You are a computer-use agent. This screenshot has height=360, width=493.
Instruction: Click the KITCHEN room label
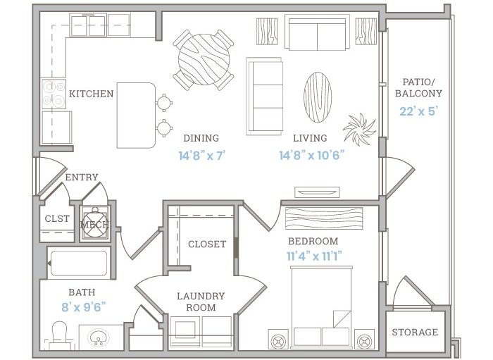pyautogui.click(x=91, y=94)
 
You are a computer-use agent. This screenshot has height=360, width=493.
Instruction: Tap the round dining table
pyautogui.click(x=204, y=59)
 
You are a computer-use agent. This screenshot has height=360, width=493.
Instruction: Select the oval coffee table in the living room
pyautogui.click(x=318, y=97)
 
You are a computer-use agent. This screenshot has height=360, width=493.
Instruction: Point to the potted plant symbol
pyautogui.click(x=359, y=129)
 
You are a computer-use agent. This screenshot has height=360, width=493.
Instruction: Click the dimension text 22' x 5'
pyautogui.click(x=419, y=111)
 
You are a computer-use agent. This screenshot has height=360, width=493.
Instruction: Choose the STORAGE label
pyautogui.click(x=415, y=332)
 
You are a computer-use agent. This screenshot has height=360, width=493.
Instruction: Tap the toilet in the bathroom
pyautogui.click(x=59, y=335)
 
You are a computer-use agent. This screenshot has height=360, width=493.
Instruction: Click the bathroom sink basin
pyautogui.click(x=98, y=337)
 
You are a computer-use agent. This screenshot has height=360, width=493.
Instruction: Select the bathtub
pyautogui.click(x=79, y=263)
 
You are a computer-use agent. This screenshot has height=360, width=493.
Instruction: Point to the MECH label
pyautogui.click(x=95, y=225)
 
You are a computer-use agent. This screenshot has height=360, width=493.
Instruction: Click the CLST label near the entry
pyautogui.click(x=57, y=218)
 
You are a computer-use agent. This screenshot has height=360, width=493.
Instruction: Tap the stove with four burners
pyautogui.click(x=54, y=94)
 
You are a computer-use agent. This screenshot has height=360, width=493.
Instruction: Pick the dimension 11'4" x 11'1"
pyautogui.click(x=314, y=256)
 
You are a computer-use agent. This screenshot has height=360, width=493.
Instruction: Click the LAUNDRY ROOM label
pyautogui.click(x=201, y=302)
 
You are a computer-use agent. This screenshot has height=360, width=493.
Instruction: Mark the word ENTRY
pyautogui.click(x=82, y=178)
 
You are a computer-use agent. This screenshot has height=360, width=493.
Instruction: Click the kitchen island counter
pyautogui.click(x=136, y=115)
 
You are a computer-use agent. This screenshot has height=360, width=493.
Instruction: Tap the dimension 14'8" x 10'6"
pyautogui.click(x=311, y=155)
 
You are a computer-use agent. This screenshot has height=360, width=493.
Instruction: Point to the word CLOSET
pyautogui.click(x=207, y=244)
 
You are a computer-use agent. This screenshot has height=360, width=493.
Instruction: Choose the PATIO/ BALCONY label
pyautogui.click(x=418, y=88)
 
